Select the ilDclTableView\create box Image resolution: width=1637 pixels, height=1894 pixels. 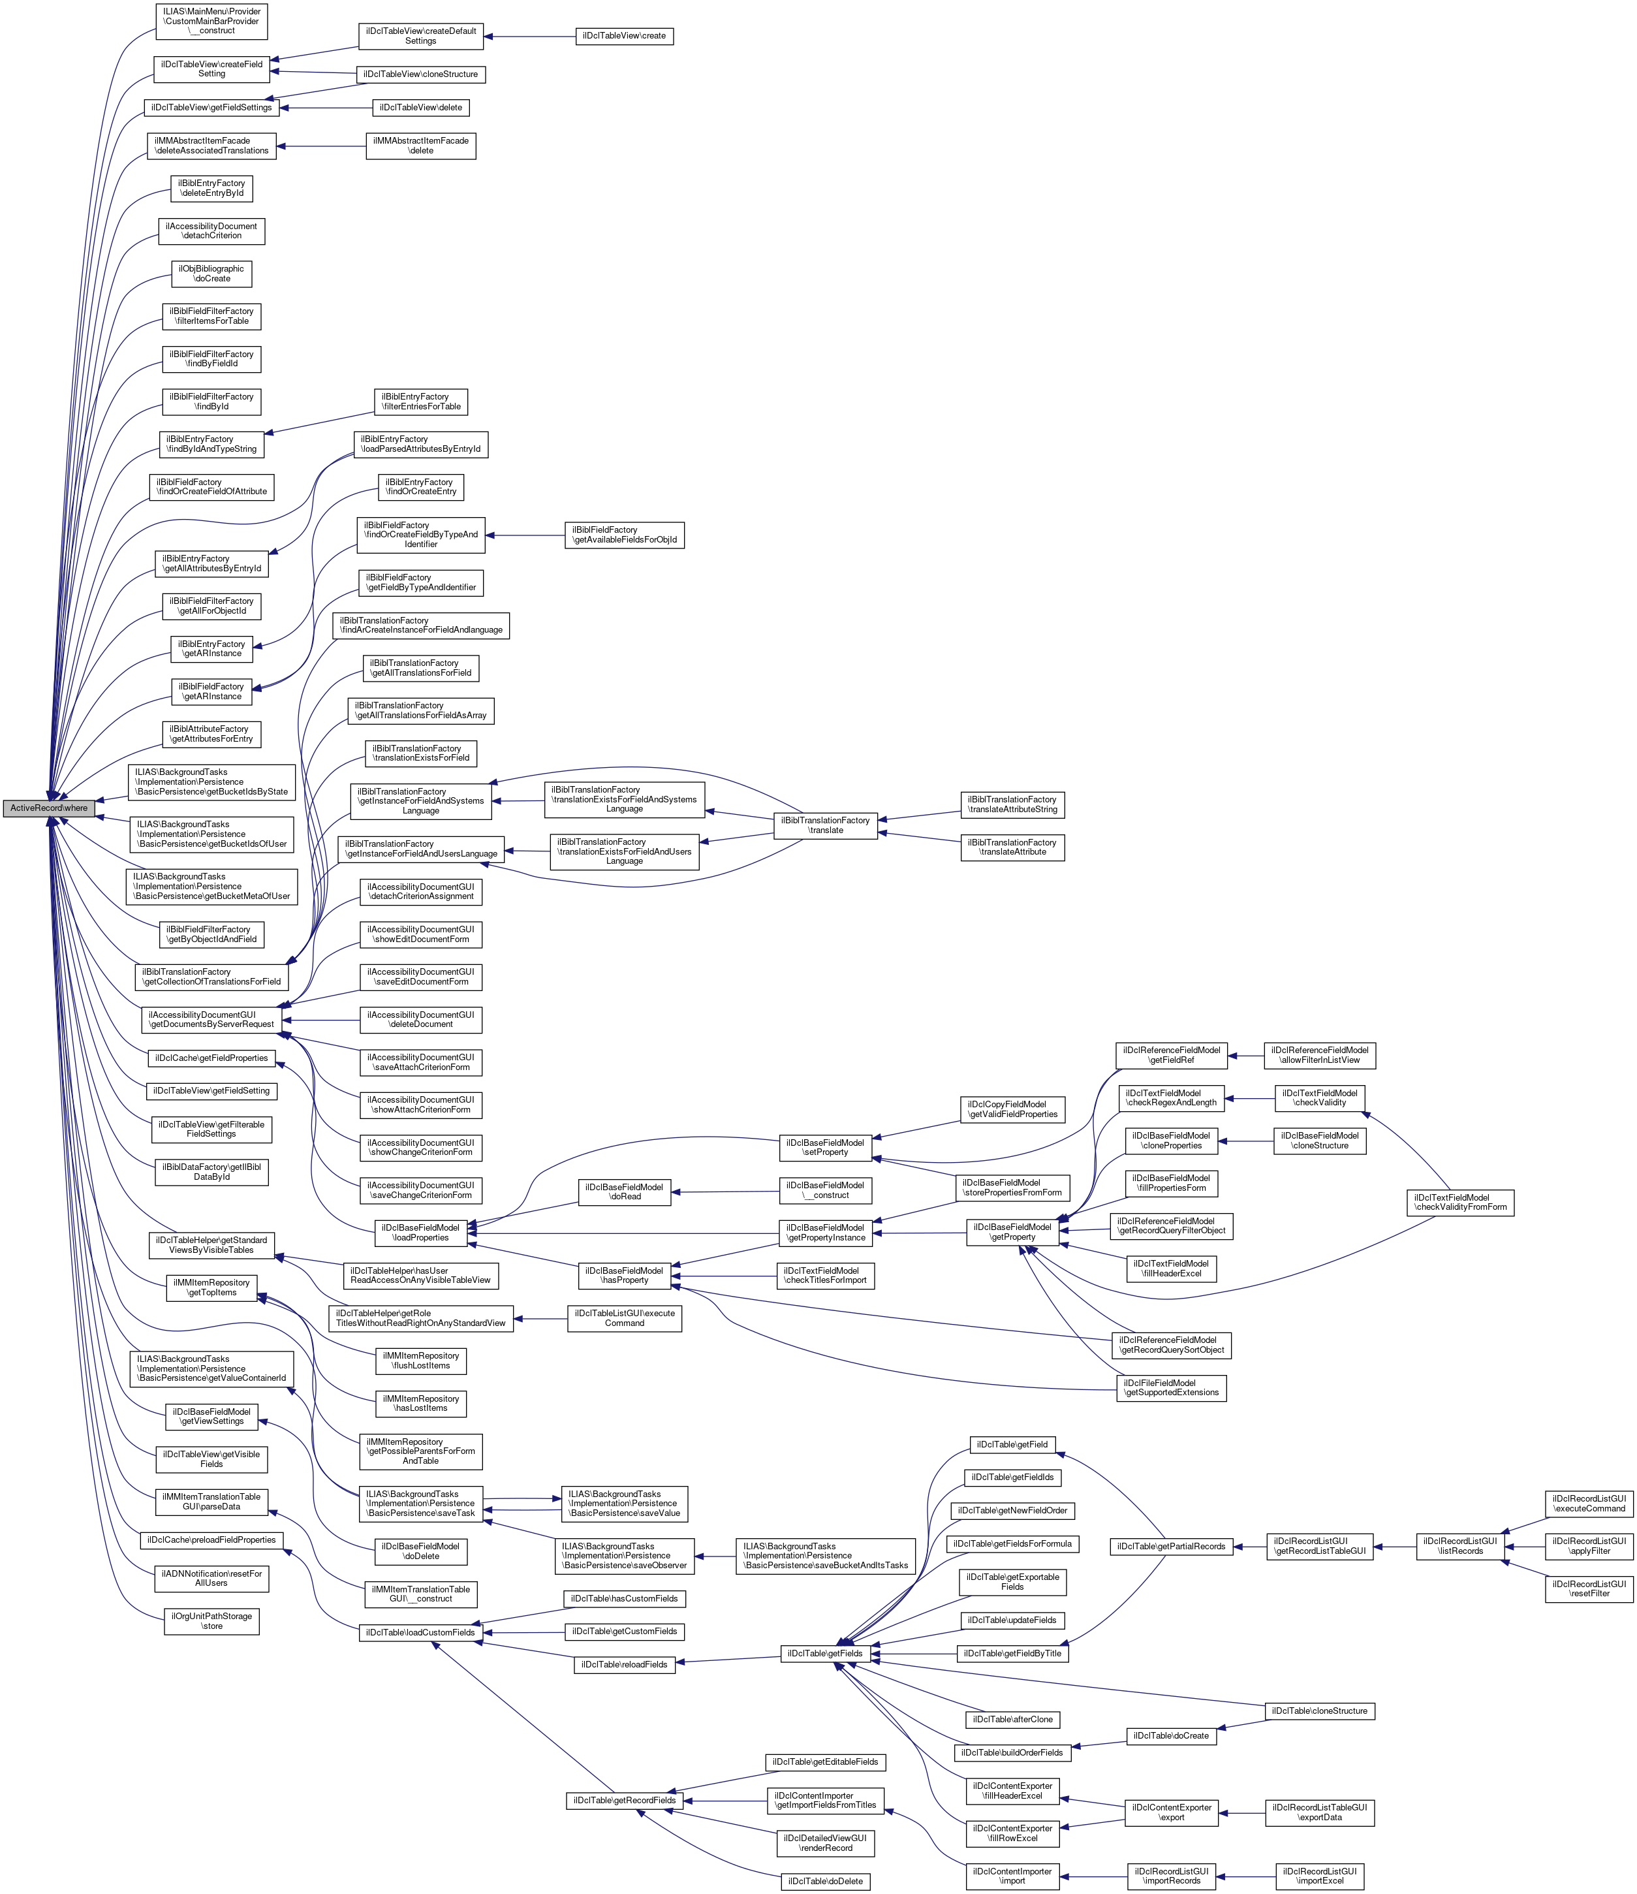(624, 37)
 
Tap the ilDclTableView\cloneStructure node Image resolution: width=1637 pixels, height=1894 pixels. (420, 74)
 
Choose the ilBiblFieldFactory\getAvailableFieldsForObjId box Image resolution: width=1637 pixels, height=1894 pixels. (624, 535)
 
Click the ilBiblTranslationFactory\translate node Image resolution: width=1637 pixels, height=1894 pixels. (826, 825)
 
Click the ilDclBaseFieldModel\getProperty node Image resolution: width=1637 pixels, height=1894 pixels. (1013, 1232)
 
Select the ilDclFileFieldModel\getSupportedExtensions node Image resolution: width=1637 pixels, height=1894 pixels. (1171, 1387)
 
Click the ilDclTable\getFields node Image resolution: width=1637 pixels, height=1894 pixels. (826, 1654)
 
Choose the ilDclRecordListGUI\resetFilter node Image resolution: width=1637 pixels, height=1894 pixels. (1589, 1588)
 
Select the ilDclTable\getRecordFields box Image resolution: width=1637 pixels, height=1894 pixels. (624, 1801)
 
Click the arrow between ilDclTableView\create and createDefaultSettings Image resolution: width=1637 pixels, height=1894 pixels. (530, 37)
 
